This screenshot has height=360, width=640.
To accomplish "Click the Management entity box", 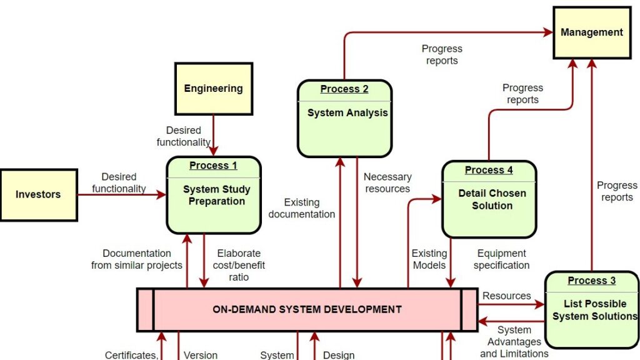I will click(x=591, y=32).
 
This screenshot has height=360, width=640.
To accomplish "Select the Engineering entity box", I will click(x=213, y=89).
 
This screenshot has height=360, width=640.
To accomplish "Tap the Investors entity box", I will click(x=38, y=194).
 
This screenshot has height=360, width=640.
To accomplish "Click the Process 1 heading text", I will click(x=213, y=166).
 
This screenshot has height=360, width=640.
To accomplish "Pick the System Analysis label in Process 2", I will click(x=347, y=113).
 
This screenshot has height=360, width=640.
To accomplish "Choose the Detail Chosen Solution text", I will click(x=492, y=199).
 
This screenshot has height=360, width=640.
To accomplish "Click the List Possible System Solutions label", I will click(x=594, y=310).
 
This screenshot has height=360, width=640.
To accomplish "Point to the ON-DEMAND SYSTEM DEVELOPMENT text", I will click(x=307, y=309).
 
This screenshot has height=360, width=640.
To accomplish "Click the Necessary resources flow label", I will click(x=387, y=183).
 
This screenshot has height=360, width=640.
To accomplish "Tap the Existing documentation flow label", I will click(x=302, y=208).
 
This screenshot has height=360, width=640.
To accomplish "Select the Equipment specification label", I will click(x=501, y=259).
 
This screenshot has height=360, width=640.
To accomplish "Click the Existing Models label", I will click(x=429, y=259).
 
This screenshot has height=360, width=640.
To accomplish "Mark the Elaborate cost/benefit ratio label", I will click(x=239, y=265).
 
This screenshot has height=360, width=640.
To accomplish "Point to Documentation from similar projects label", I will click(x=136, y=259).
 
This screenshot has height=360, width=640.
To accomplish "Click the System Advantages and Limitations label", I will click(x=514, y=342).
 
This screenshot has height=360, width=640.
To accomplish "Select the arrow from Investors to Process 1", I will click(x=122, y=195).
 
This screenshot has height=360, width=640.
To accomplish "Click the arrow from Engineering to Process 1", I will click(x=213, y=134).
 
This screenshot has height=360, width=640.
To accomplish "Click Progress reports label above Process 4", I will click(x=522, y=94).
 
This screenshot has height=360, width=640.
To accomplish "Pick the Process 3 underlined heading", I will click(x=591, y=281).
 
